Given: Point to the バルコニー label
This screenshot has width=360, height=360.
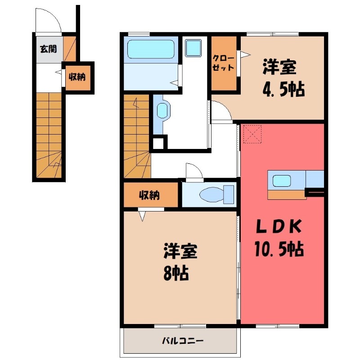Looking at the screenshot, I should pyautogui.click(x=183, y=340).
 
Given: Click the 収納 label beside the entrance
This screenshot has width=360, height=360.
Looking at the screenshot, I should pyautogui.click(x=77, y=76).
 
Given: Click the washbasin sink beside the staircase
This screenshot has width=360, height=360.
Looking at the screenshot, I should pyautogui.click(x=162, y=110).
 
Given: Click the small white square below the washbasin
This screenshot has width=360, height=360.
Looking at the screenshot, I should pyautogui.click(x=158, y=143).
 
